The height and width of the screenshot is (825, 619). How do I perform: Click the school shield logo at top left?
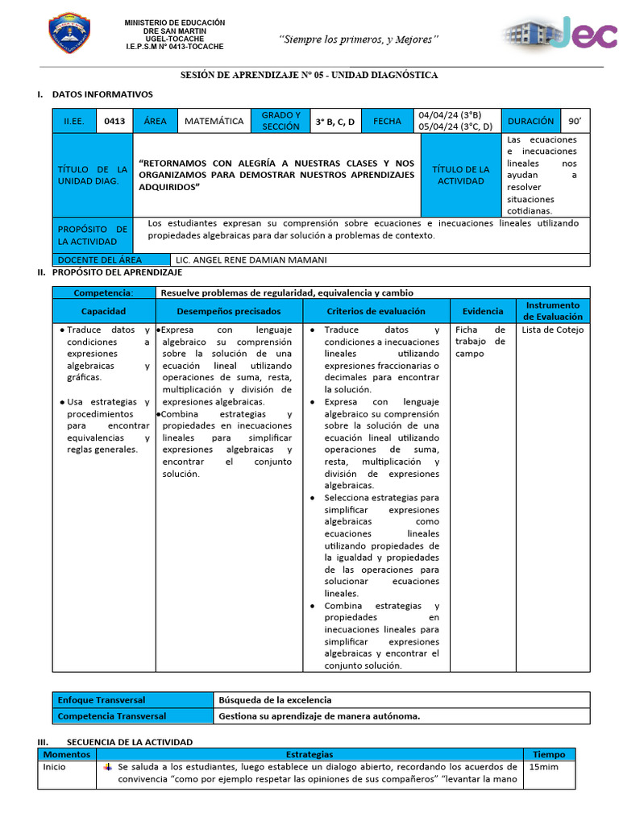(69, 35)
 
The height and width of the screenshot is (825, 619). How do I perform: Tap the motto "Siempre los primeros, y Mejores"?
(359, 39)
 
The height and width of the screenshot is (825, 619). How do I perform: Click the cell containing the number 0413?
(114, 121)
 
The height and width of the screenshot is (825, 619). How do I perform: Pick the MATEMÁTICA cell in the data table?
(214, 121)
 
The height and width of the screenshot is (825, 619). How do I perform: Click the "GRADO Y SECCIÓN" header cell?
(280, 121)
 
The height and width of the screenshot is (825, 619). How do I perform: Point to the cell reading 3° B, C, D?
(334, 122)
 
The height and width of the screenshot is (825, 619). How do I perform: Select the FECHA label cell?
(387, 121)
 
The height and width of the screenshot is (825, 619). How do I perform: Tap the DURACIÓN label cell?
(530, 121)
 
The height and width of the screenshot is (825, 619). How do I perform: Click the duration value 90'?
(574, 121)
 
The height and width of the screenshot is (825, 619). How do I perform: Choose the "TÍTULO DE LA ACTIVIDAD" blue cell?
(461, 175)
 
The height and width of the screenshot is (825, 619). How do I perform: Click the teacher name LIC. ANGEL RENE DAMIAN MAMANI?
(251, 259)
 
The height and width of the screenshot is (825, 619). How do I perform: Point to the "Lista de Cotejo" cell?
(552, 330)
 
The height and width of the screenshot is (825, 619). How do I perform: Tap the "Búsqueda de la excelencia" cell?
(276, 700)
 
